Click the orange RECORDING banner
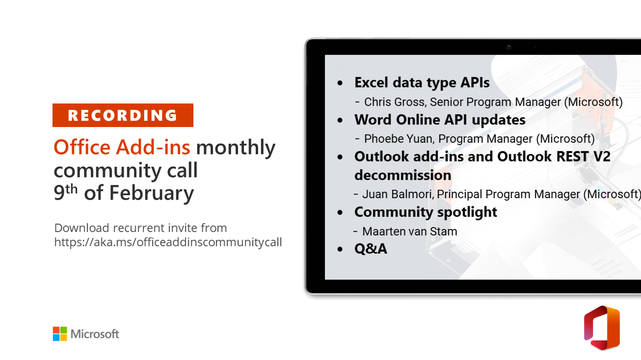tap(123, 115)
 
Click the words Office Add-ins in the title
tap(122, 147)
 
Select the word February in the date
tap(151, 193)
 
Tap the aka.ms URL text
tap(168, 242)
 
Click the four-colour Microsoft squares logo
tap(60, 334)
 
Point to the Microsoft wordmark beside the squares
tap(95, 334)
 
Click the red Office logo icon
tap(602, 328)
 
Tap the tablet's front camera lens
tap(508, 47)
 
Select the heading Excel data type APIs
tap(422, 82)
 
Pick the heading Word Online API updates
tap(440, 120)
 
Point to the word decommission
tap(402, 175)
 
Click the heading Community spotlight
tap(426, 212)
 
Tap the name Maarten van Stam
tap(410, 231)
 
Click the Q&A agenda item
tap(371, 249)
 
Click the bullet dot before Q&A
tap(340, 249)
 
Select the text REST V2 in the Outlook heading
tap(583, 156)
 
